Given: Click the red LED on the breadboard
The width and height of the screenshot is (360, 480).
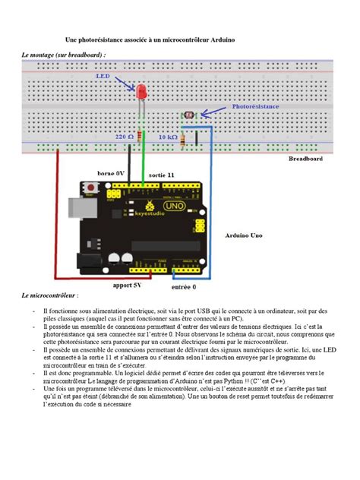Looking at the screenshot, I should [141, 91].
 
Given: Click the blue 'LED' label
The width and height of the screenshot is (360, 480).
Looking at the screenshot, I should [103, 77].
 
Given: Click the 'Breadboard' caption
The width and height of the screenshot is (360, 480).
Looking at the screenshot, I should [305, 159].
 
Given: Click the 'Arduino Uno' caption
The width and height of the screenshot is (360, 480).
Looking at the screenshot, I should [245, 235].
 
